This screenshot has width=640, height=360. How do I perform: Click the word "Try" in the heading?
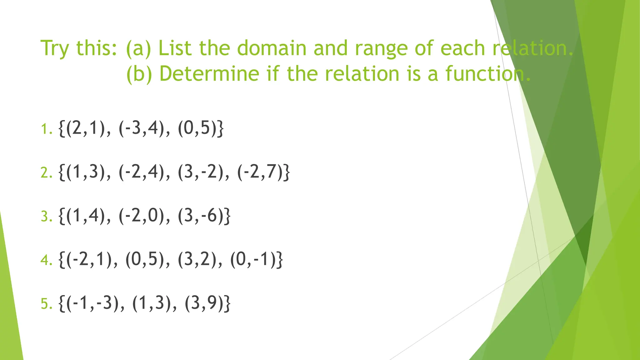click(55, 49)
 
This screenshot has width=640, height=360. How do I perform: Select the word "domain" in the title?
click(272, 48)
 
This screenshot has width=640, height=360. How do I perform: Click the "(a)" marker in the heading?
click(138, 49)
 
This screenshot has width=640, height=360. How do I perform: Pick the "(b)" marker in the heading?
click(139, 74)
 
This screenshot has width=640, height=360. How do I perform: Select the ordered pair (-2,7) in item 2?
click(260, 172)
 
